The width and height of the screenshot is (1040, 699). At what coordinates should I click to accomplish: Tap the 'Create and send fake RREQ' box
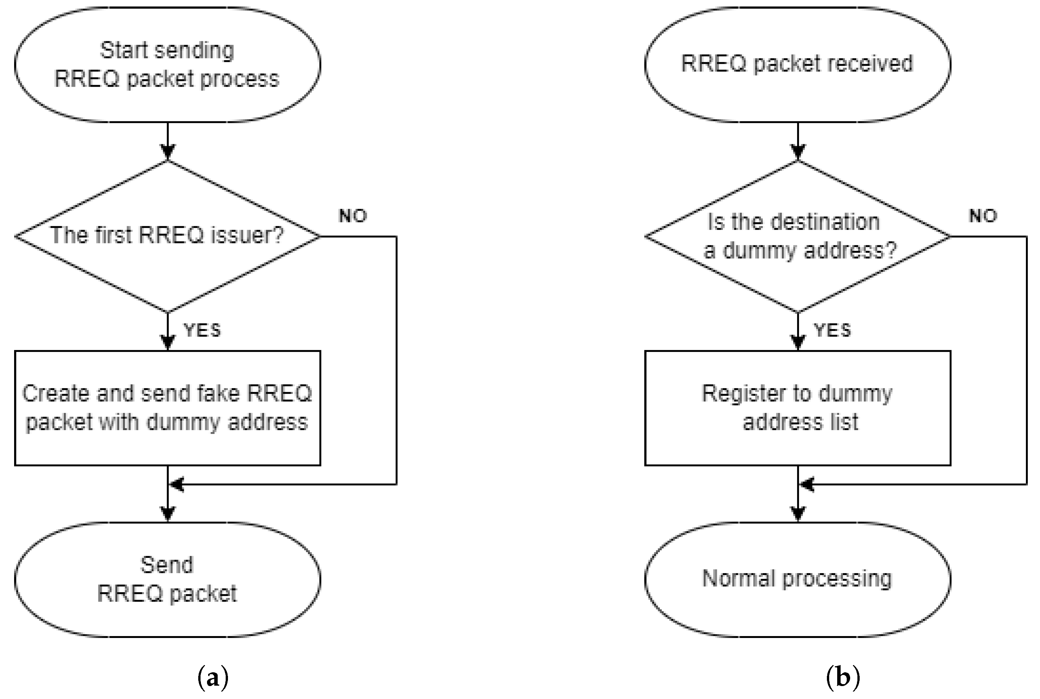[167, 408]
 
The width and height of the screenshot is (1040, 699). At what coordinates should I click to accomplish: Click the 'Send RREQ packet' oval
[167, 579]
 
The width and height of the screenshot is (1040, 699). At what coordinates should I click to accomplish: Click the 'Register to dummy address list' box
[797, 408]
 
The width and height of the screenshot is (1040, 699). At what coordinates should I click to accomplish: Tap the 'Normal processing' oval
[797, 579]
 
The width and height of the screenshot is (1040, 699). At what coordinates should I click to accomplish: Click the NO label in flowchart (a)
[353, 216]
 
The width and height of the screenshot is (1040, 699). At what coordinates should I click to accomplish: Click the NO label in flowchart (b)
[982, 216]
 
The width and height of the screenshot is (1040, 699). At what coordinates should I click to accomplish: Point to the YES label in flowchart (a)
[202, 330]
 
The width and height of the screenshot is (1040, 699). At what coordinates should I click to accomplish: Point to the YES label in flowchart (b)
[832, 330]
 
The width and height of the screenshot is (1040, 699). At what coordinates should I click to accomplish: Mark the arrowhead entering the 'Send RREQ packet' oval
[167, 514]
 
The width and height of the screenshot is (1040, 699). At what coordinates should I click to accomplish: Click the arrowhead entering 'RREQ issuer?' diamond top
[167, 153]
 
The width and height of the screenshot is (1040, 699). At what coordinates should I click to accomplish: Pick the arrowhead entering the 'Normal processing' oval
[798, 514]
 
